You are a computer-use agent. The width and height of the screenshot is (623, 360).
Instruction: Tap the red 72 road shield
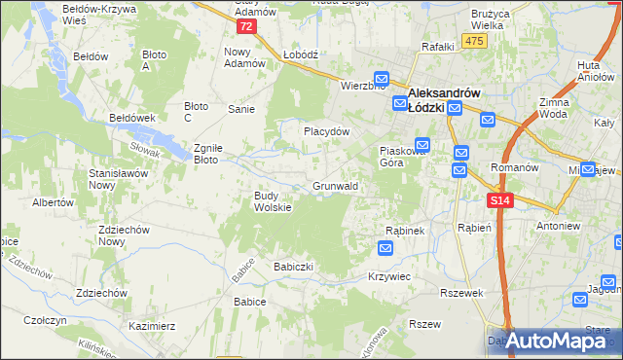pyautogui.click(x=248, y=26)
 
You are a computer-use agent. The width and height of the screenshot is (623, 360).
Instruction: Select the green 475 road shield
pyautogui.click(x=474, y=40)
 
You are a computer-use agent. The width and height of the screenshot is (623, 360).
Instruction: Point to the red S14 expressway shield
pyautogui.click(x=499, y=199)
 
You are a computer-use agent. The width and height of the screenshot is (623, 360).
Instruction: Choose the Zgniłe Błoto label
pyautogui.click(x=210, y=152)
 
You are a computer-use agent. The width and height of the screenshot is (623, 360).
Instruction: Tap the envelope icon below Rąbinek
pyautogui.click(x=386, y=249)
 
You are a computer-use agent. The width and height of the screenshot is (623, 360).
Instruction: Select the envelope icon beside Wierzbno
pyautogui.click(x=382, y=81)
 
